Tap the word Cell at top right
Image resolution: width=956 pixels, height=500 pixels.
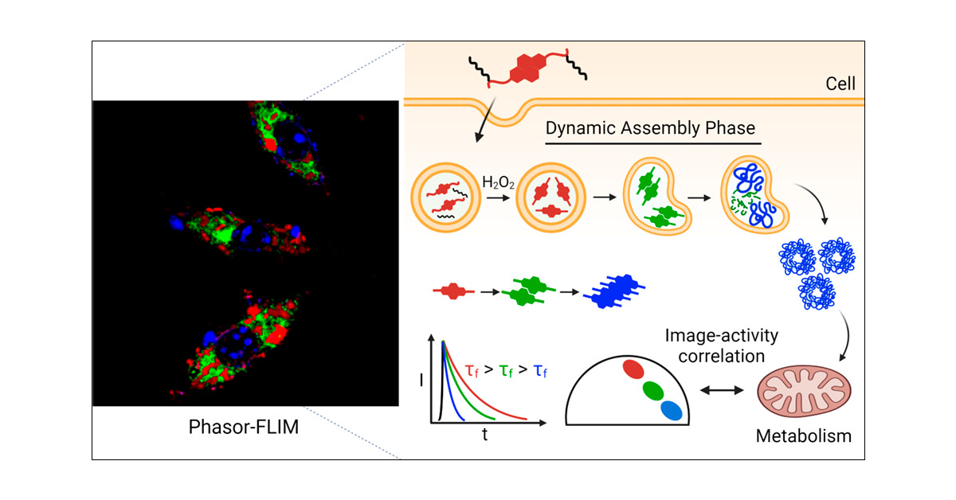[840, 82]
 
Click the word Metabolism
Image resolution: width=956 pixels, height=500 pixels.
[802, 436]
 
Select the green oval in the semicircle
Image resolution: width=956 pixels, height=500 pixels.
[652, 390]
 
